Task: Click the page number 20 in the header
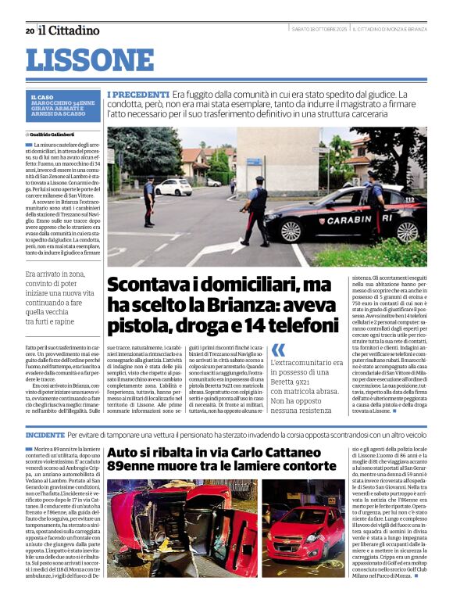(30, 30)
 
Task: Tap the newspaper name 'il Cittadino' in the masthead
(70, 30)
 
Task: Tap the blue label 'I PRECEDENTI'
(138, 95)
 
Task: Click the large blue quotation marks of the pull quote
(277, 350)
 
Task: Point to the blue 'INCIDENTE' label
(45, 434)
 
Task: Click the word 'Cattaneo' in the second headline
(284, 453)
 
